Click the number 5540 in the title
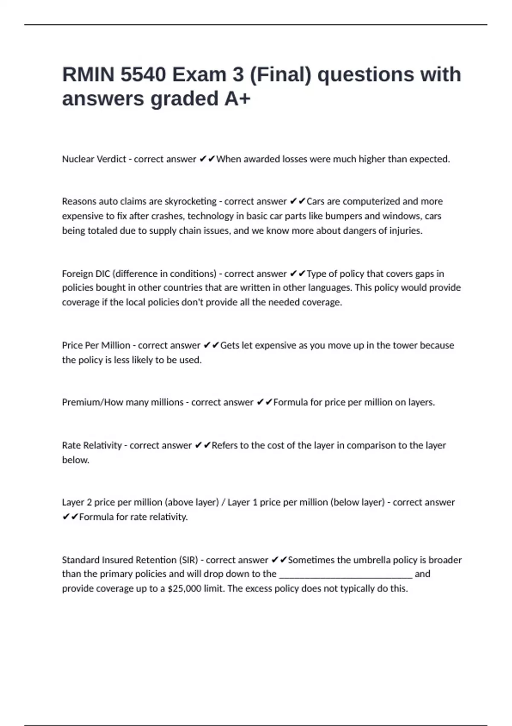[x=143, y=75]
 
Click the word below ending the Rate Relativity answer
[x=75, y=460]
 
